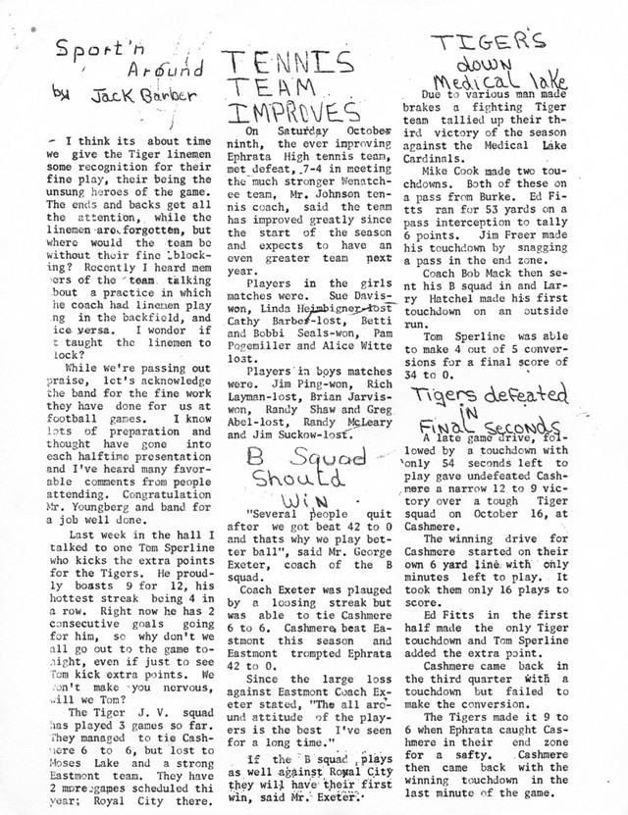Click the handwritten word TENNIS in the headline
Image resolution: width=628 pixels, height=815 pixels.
[285, 65]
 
